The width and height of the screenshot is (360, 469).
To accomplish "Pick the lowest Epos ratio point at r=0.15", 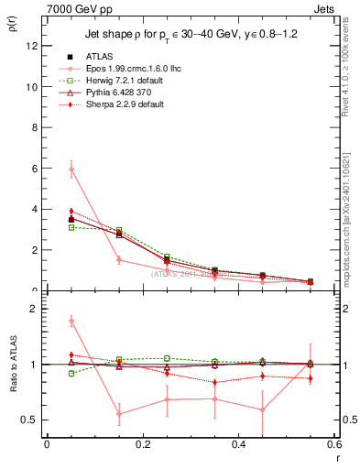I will click(119, 413).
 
